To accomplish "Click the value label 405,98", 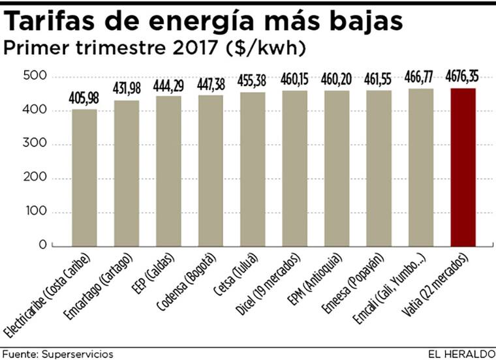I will (x=85, y=99).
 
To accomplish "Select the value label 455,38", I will (x=253, y=83).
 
